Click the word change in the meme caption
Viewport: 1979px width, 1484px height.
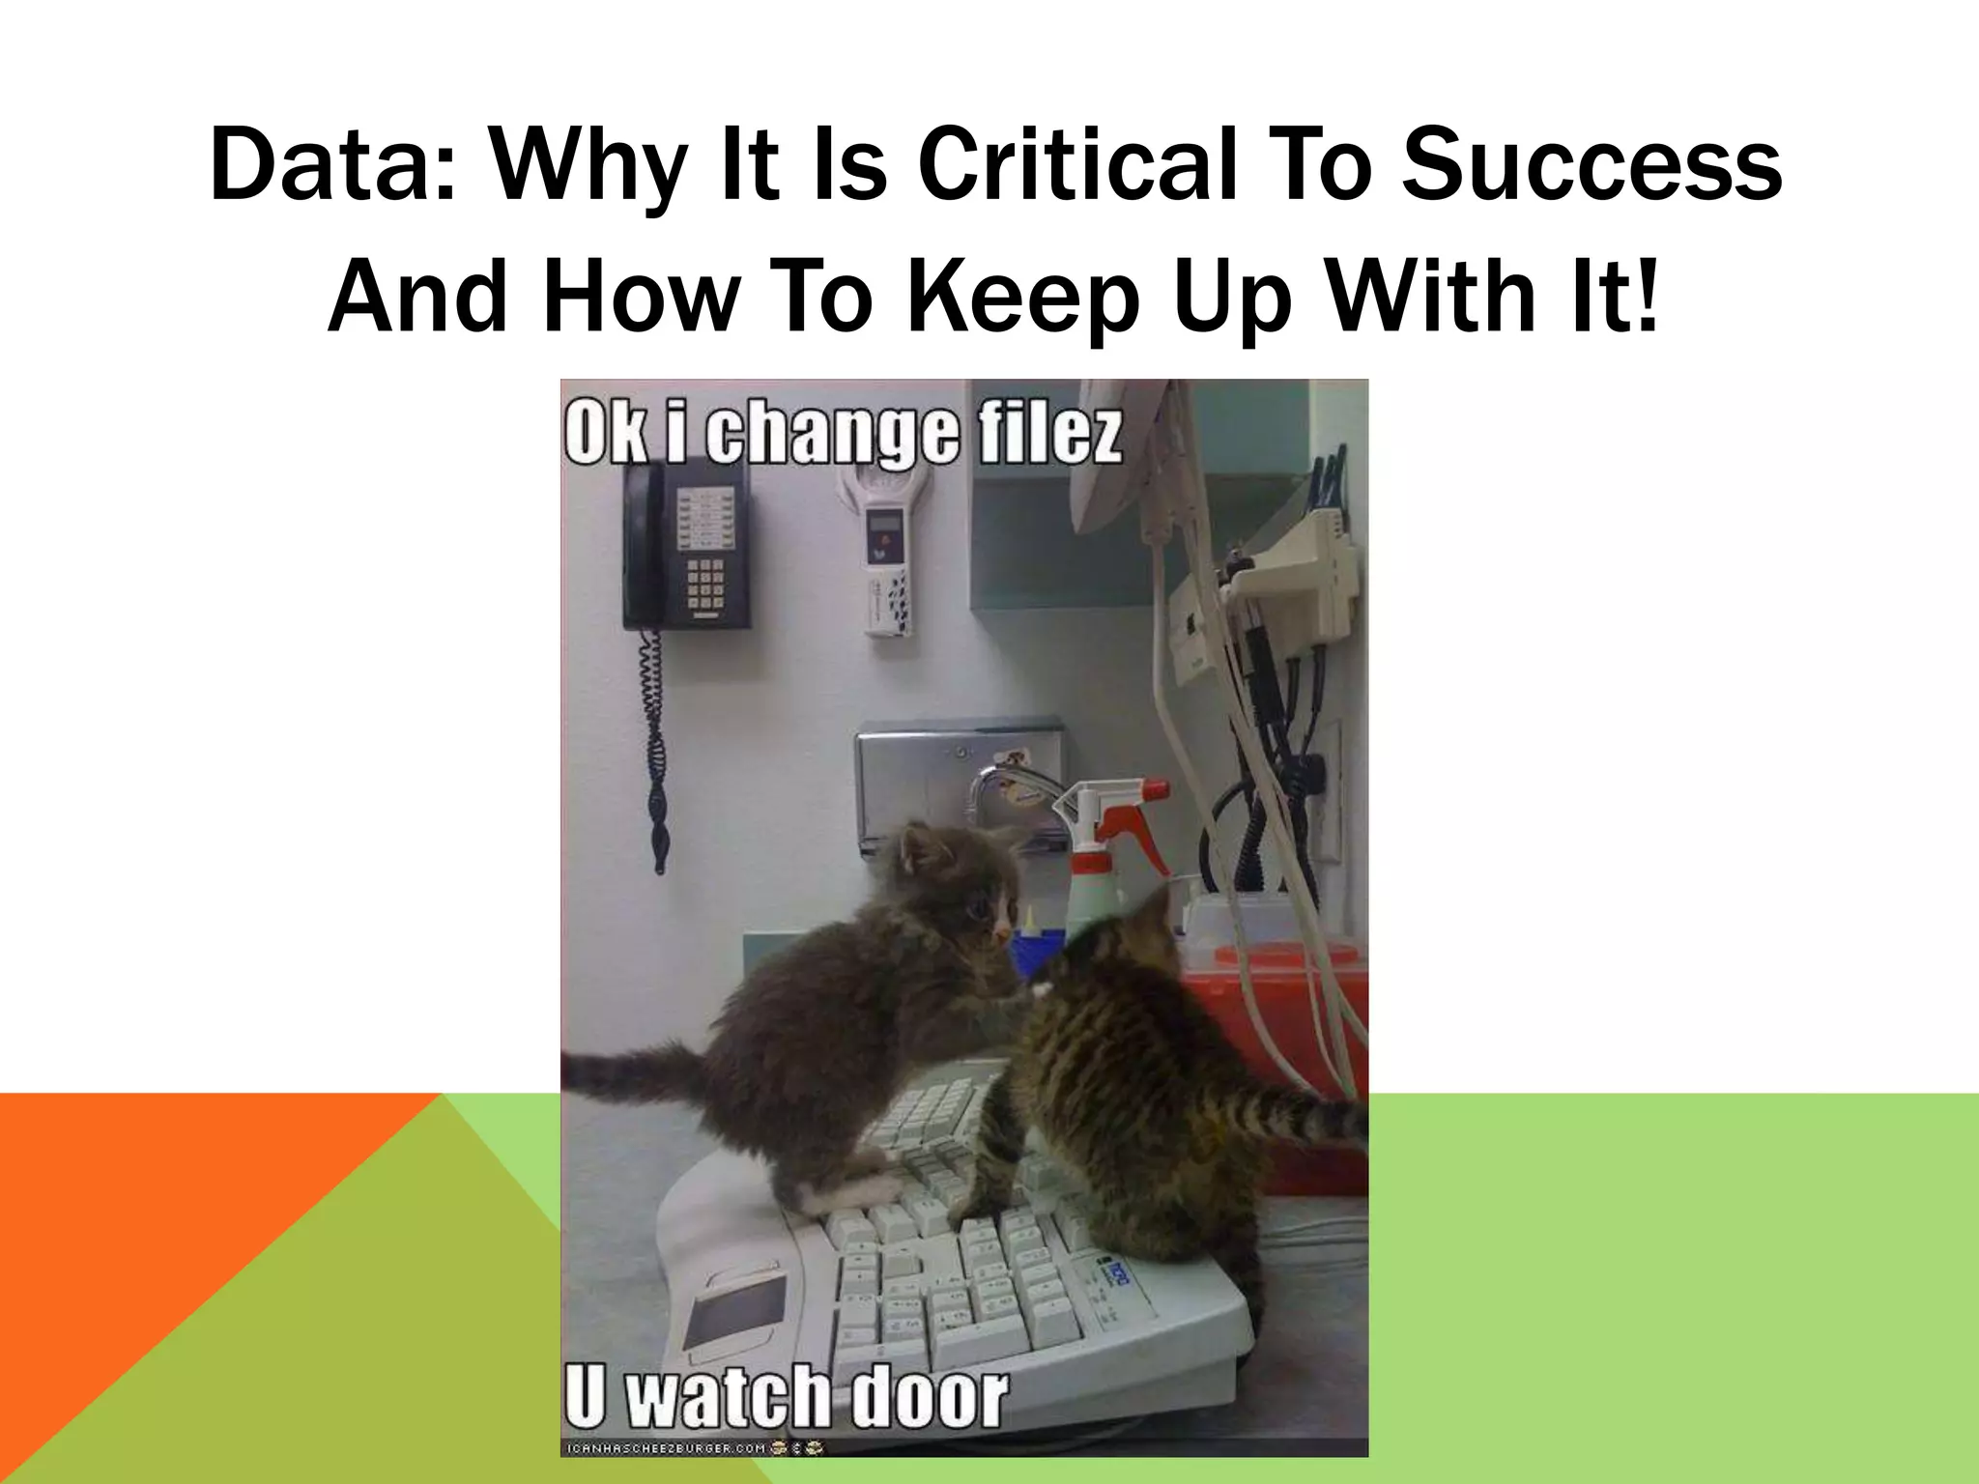[831, 437]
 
